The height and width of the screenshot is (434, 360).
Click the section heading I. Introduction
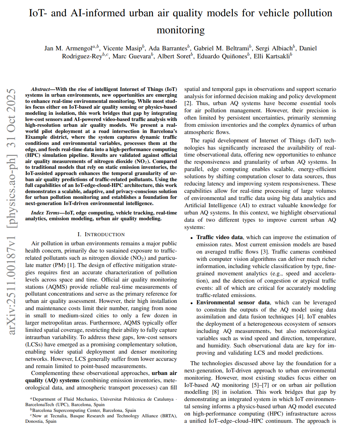pyautogui.click(x=101, y=234)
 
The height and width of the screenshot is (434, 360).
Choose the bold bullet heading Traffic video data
pyautogui.click(x=219, y=237)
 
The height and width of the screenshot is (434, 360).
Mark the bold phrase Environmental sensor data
pyautogui.click(x=233, y=302)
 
